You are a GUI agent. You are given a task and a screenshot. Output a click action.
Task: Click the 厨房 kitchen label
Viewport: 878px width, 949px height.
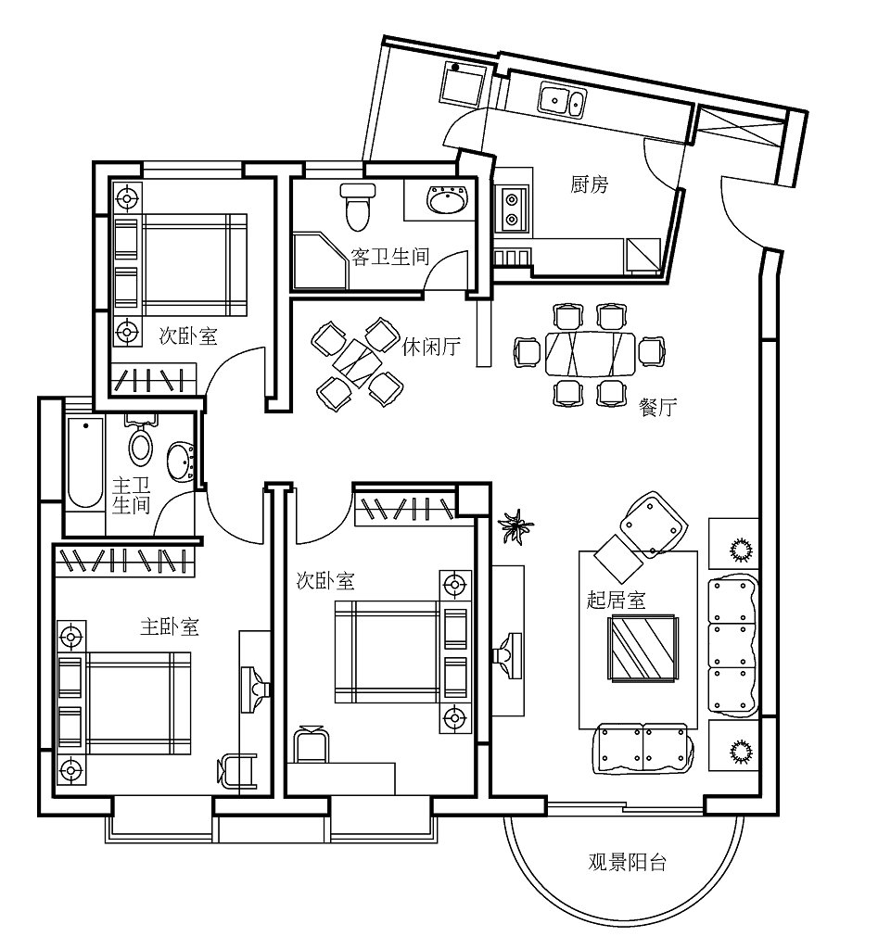589,184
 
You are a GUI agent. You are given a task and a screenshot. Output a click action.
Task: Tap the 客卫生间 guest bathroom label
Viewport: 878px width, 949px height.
390,257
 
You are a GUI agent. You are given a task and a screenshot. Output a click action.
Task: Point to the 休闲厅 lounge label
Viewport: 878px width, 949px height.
431,347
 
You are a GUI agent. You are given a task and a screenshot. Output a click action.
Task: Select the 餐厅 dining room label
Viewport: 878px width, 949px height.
657,408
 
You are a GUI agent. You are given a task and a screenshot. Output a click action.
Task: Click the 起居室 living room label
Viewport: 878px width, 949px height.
616,600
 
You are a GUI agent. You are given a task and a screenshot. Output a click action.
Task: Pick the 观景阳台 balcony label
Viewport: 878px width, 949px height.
628,862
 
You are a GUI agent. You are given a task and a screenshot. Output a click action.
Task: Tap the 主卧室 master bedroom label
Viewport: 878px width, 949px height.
170,626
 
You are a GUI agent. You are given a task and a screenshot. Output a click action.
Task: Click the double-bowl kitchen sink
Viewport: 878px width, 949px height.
563,100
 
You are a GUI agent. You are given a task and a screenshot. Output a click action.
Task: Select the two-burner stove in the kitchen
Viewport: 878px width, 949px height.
512,209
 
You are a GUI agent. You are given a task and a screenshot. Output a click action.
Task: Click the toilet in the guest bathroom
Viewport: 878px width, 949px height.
358,208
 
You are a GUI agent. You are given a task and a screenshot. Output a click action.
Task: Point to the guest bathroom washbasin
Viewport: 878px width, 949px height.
448,200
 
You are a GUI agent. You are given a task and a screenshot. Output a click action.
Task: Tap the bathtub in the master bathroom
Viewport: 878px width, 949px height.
84,462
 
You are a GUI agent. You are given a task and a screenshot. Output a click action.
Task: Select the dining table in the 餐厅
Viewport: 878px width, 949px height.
591,354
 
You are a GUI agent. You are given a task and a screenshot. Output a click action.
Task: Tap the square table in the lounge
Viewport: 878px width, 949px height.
356,363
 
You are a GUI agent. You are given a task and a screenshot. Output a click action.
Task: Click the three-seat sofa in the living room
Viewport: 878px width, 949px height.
732,645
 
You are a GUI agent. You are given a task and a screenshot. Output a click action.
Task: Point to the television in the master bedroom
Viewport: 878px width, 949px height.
254,690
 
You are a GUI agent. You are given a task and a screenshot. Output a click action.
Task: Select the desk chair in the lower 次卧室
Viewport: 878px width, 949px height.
312,744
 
